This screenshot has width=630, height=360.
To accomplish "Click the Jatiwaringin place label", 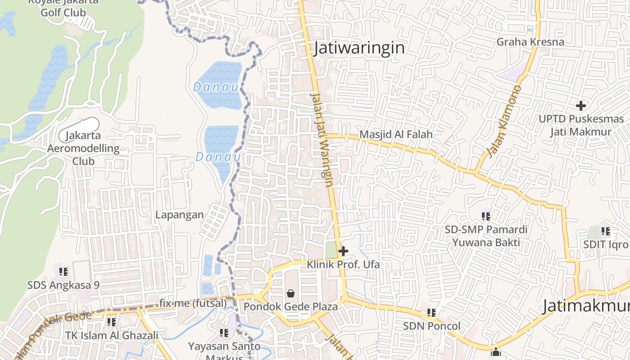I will [359, 48].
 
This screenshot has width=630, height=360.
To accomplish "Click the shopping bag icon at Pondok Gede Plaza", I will [291, 293].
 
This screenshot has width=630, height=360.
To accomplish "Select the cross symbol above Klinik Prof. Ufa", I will [343, 251].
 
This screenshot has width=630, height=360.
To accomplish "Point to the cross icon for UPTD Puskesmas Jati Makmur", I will [581, 106].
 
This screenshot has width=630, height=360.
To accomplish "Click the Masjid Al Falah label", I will [396, 134].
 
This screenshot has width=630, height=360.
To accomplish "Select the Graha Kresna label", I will [530, 42].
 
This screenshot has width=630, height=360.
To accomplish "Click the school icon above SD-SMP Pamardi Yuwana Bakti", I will [486, 216].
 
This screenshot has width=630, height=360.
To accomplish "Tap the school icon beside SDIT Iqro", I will [606, 231].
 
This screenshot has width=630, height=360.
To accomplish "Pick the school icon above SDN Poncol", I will [432, 312].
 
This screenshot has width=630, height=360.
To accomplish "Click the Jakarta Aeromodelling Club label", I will [83, 148].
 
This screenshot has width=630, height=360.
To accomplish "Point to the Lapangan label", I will [180, 215].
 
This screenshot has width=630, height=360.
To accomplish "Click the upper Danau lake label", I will [216, 87].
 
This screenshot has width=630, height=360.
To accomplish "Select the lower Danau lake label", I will [218, 157].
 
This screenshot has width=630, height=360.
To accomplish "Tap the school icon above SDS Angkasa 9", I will [63, 272].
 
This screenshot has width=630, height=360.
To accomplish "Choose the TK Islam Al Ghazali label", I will [112, 335].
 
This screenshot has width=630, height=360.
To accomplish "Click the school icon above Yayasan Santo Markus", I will [224, 333].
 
